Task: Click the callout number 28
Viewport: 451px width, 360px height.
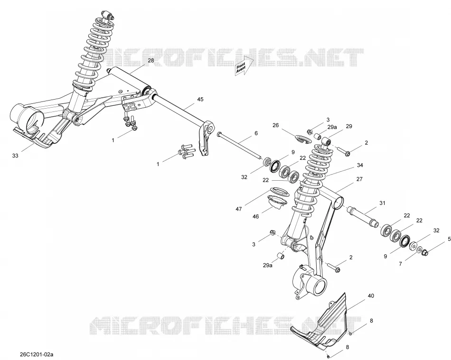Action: point(151,60)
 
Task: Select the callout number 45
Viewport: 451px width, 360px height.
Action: point(200,100)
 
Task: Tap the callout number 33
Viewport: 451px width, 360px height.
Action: point(15,156)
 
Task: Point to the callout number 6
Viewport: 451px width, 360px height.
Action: point(256,133)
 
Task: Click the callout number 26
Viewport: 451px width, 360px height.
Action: point(275,125)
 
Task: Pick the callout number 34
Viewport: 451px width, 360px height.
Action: point(360,165)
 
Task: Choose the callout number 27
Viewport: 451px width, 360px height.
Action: point(359,179)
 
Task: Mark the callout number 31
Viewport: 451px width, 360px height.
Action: point(382,203)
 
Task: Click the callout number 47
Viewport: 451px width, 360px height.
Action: point(239,209)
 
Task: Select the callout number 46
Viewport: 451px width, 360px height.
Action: point(255,216)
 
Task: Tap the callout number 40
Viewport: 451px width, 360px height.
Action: point(371,295)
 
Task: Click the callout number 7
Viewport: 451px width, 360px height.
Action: point(400,264)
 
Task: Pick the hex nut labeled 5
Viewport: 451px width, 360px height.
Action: point(425,252)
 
